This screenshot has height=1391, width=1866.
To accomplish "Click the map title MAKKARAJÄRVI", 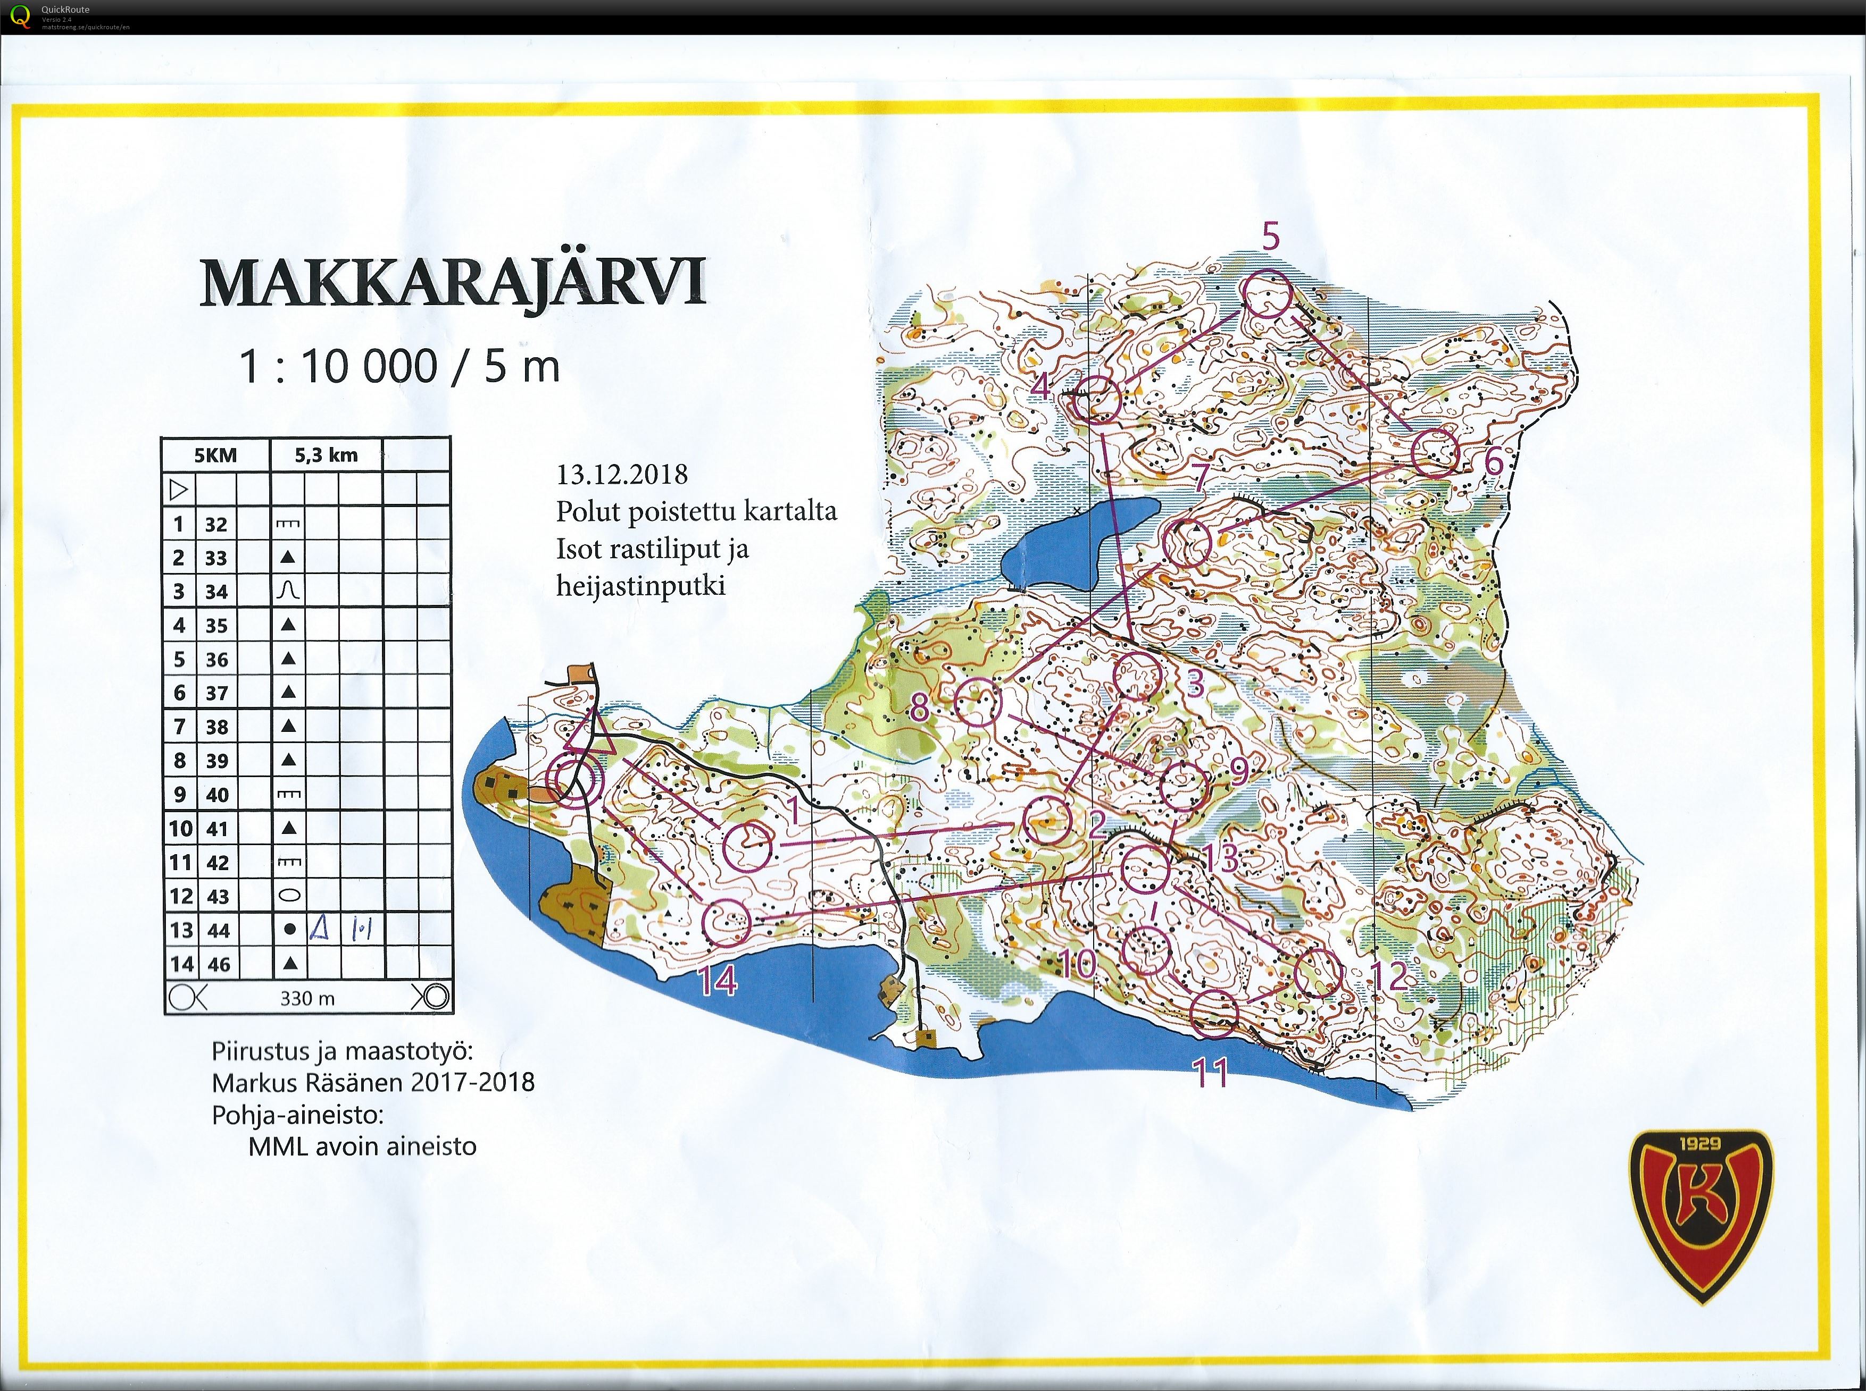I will [x=452, y=283].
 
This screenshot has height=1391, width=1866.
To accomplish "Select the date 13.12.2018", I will [x=622, y=474].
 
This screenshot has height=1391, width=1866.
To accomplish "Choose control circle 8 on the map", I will [x=978, y=703].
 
